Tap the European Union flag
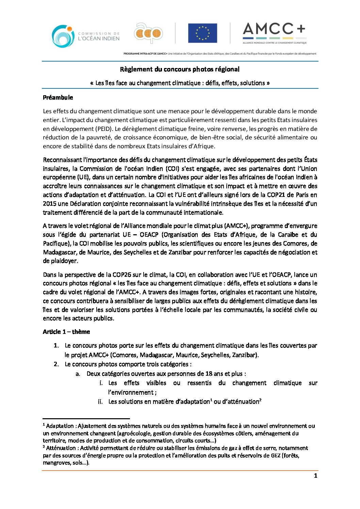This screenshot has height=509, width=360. [202, 33]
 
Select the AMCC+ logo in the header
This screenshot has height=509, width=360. [274, 33]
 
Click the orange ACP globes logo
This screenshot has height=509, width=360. [148, 34]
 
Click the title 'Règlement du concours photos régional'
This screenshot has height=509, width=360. [180, 69]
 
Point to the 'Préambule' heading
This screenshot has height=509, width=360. [58, 98]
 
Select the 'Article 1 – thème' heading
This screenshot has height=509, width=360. [66, 332]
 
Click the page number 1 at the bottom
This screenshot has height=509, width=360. [315, 476]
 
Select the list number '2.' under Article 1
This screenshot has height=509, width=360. [56, 364]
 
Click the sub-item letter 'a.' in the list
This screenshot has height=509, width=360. [78, 374]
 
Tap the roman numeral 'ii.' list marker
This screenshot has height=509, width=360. [100, 402]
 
